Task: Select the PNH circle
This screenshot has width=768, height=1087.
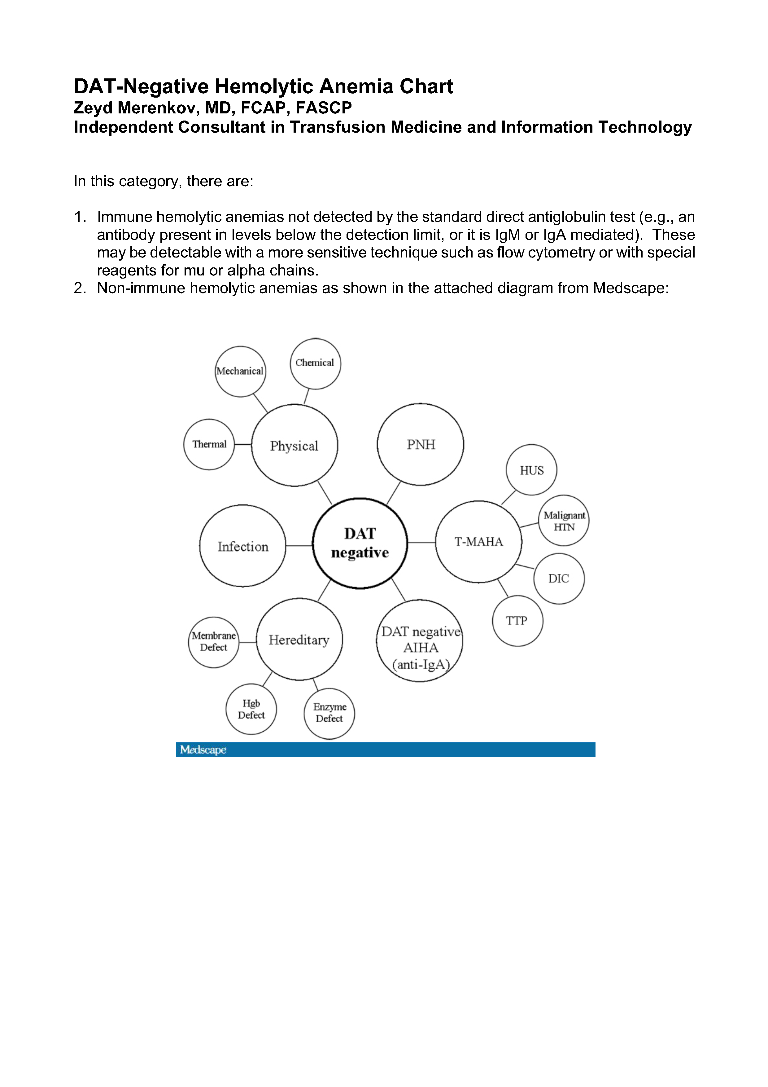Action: pos(420,445)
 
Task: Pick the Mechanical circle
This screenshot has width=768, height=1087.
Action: pos(240,371)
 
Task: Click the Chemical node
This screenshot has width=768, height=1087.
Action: pos(315,363)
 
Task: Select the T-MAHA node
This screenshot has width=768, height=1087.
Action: pos(478,542)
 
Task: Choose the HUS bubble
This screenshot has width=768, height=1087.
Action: pos(531,470)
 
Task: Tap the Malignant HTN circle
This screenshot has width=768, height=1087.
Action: pos(564,521)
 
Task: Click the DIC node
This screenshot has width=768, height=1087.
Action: pos(559,579)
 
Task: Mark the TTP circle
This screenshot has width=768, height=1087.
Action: pos(517,621)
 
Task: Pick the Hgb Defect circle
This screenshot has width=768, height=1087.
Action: pos(251,709)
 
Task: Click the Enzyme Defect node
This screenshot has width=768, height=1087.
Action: pos(329,713)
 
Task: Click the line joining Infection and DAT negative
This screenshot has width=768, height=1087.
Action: pos(299,546)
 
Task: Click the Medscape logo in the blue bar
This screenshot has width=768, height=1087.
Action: pos(203,750)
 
